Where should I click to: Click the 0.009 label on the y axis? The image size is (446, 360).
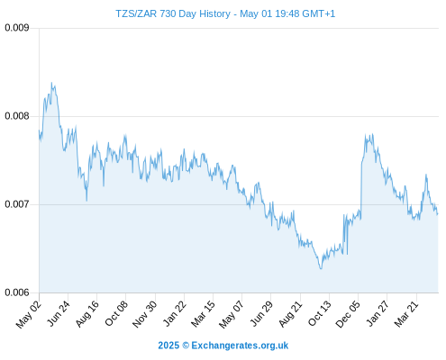pyautogui.click(x=17, y=28)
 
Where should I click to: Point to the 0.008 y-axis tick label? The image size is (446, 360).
pyautogui.click(x=17, y=116)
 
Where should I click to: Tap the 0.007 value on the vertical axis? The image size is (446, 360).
pyautogui.click(x=17, y=204)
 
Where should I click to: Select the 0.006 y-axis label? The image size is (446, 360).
pyautogui.click(x=17, y=292)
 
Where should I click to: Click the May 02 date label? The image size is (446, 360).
pyautogui.click(x=29, y=314)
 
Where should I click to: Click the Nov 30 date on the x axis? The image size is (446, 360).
pyautogui.click(x=145, y=314)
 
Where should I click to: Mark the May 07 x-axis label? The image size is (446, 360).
pyautogui.click(x=232, y=314)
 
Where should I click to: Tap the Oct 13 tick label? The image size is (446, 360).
pyautogui.click(x=320, y=313)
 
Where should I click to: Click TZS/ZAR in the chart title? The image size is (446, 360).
pyautogui.click(x=136, y=13)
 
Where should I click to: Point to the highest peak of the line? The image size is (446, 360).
pyautogui.click(x=51, y=83)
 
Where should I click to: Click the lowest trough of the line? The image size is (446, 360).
pyautogui.click(x=321, y=269)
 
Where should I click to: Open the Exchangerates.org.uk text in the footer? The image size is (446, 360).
pyautogui.click(x=240, y=346)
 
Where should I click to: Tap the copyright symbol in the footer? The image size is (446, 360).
pyautogui.click(x=186, y=346)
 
